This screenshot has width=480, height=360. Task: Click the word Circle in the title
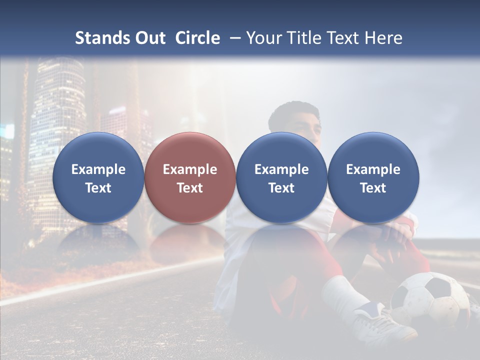click(x=197, y=38)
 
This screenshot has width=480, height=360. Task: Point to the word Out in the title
click(x=150, y=38)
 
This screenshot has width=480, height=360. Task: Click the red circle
click(x=190, y=177)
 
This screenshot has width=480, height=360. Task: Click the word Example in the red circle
click(x=190, y=169)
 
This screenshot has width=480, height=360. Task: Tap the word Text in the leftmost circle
click(x=98, y=188)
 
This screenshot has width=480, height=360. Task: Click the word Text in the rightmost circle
click(x=373, y=188)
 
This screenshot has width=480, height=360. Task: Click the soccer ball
click(x=430, y=300)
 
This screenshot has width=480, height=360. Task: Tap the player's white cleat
click(x=385, y=322)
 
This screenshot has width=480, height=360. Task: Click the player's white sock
click(x=345, y=295)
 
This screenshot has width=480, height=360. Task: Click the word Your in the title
click(x=265, y=38)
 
